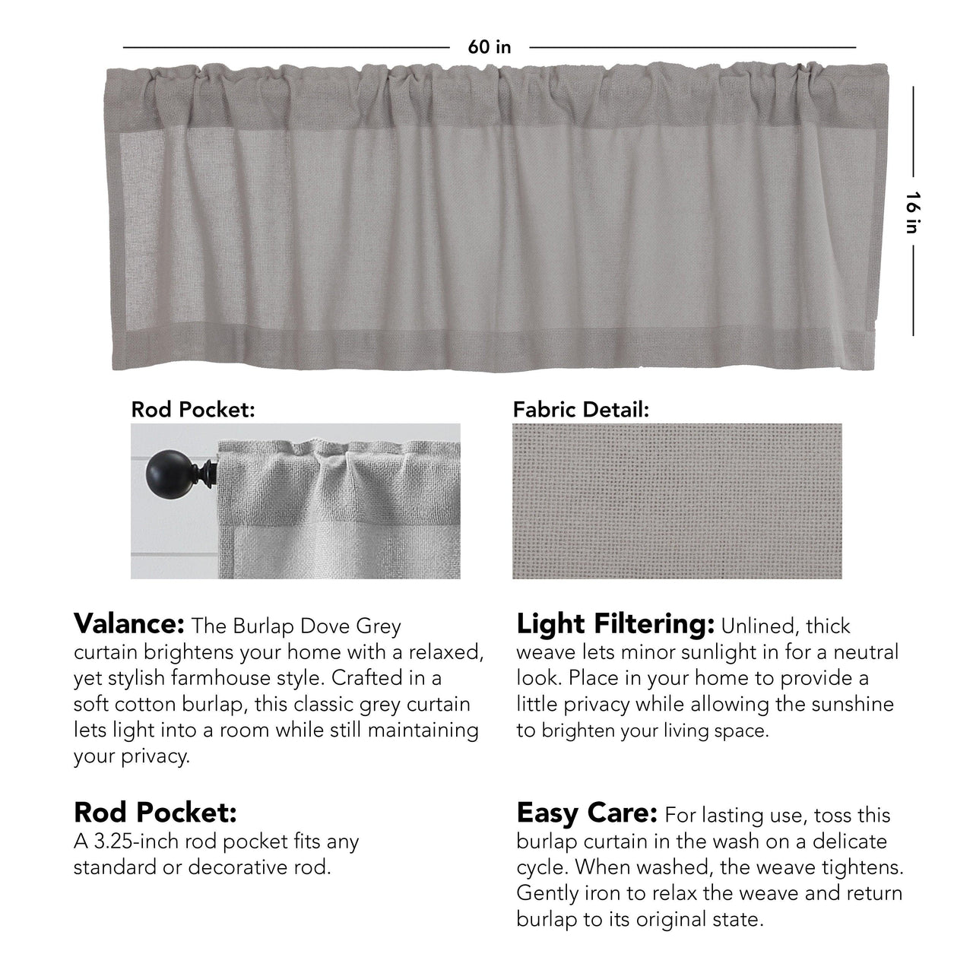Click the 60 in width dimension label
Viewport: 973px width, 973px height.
click(490, 47)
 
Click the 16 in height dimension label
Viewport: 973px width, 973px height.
click(913, 212)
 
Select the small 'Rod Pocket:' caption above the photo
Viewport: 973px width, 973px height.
click(193, 410)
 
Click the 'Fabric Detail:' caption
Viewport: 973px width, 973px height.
click(581, 410)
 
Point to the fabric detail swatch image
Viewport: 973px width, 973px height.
click(677, 501)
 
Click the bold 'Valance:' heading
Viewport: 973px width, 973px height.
click(129, 624)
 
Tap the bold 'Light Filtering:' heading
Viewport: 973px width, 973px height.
click(615, 624)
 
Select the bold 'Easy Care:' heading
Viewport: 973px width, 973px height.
click(586, 813)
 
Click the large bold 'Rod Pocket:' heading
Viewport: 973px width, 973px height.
click(155, 813)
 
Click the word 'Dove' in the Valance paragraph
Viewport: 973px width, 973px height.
click(315, 626)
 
